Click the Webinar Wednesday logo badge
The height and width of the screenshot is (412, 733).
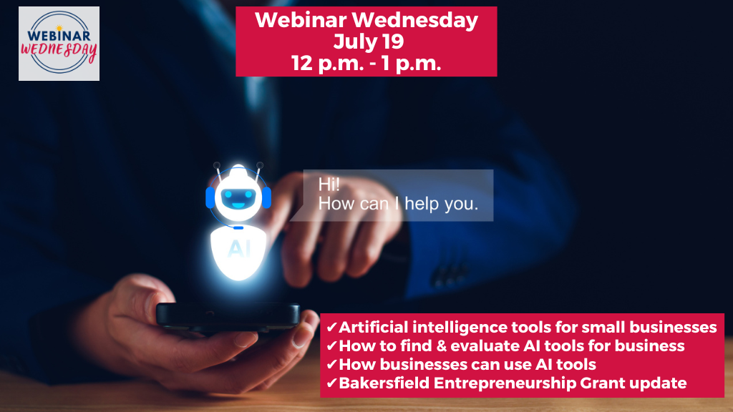tap(59, 44)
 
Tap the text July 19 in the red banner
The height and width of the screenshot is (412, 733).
tap(366, 41)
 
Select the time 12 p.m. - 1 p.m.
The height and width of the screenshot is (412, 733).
tap(366, 63)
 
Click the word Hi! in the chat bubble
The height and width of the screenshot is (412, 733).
tap(329, 185)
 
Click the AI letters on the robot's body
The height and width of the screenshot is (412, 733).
tap(238, 248)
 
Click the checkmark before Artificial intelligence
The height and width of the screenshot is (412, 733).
tap(331, 328)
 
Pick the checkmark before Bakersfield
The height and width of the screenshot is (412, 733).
tap(331, 383)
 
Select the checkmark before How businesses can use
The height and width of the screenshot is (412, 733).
tap(331, 365)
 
